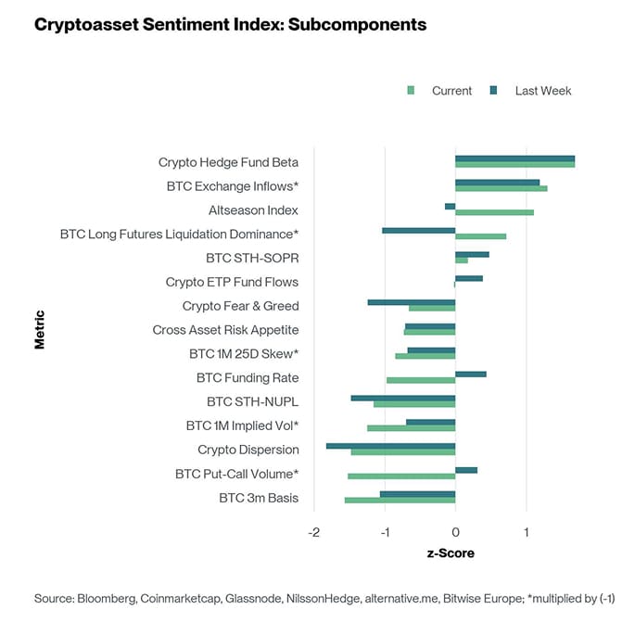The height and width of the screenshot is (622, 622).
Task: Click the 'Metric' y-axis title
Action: tap(40, 329)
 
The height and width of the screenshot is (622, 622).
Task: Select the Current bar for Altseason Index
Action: tap(494, 212)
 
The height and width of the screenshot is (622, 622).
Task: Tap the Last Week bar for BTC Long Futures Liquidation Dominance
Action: tap(418, 230)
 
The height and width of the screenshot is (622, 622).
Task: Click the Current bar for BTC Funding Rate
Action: tap(421, 380)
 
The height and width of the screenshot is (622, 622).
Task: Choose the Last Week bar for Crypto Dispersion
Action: tap(390, 446)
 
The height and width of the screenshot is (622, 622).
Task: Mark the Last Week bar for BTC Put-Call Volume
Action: tap(466, 470)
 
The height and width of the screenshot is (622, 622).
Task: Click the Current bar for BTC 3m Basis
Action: tap(400, 501)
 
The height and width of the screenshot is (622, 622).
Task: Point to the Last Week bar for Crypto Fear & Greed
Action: tap(412, 302)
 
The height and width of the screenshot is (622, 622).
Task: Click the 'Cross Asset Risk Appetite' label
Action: tap(225, 330)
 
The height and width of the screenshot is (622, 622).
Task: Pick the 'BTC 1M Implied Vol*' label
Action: tap(242, 425)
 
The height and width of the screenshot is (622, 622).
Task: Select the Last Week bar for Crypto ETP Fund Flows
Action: tap(469, 278)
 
